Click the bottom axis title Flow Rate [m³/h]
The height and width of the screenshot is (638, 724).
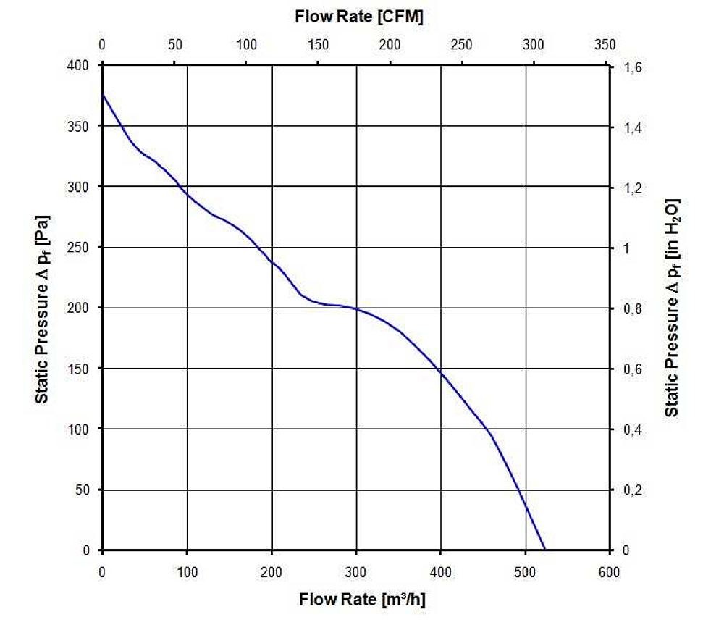click(359, 600)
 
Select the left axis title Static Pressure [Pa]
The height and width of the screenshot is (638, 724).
click(43, 308)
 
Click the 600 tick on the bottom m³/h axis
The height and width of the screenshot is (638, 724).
click(610, 572)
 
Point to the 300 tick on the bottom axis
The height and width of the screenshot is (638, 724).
click(356, 572)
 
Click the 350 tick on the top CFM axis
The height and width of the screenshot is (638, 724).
click(605, 44)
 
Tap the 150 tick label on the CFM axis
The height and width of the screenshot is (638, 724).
click(318, 44)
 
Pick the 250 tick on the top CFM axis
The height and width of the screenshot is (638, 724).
click(461, 44)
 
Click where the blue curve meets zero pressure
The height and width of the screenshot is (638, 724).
click(544, 550)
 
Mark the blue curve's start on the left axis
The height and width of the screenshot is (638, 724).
click(102, 94)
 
